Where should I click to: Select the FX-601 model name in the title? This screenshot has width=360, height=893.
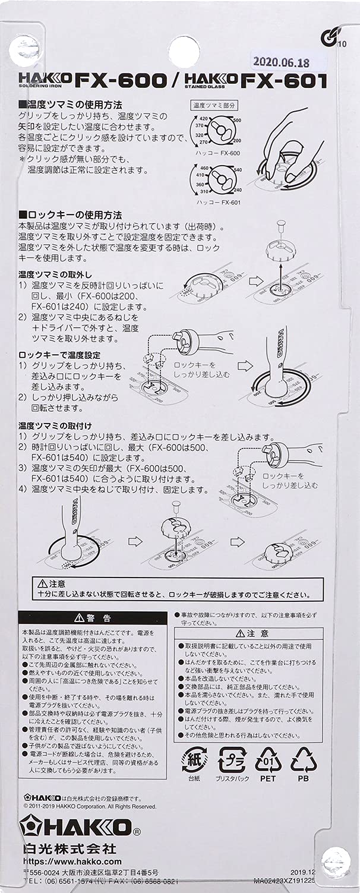point(283,81)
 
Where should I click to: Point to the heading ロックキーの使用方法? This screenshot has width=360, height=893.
point(70,214)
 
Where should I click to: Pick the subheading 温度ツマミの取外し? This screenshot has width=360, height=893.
point(55,274)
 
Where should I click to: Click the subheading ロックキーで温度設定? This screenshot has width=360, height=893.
point(59,355)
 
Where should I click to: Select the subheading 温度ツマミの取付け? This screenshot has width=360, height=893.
point(55,426)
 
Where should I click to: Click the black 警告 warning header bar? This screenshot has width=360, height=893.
point(92,617)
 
